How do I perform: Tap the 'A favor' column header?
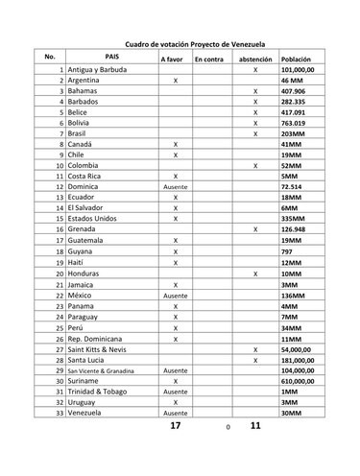click(174, 59)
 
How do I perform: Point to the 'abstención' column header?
click(254, 59)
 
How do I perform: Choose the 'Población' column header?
click(297, 59)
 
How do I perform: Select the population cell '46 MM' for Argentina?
click(292, 83)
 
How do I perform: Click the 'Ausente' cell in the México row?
click(176, 296)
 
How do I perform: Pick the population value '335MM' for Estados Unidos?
click(294, 218)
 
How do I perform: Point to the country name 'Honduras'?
click(84, 274)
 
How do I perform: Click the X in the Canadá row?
click(176, 143)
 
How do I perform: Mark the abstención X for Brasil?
click(255, 133)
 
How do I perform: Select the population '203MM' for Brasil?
click(294, 133)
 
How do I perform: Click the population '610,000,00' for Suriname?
click(300, 380)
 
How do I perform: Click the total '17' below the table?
click(174, 425)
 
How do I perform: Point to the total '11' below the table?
click(254, 424)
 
